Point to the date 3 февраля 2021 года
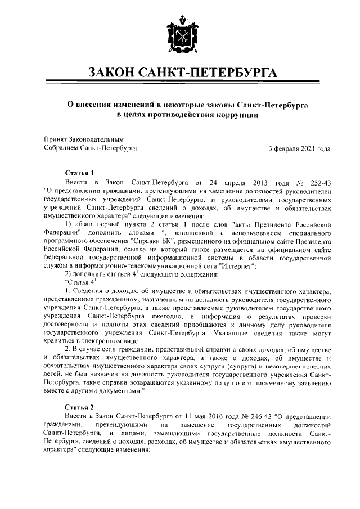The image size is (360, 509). (299, 148)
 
